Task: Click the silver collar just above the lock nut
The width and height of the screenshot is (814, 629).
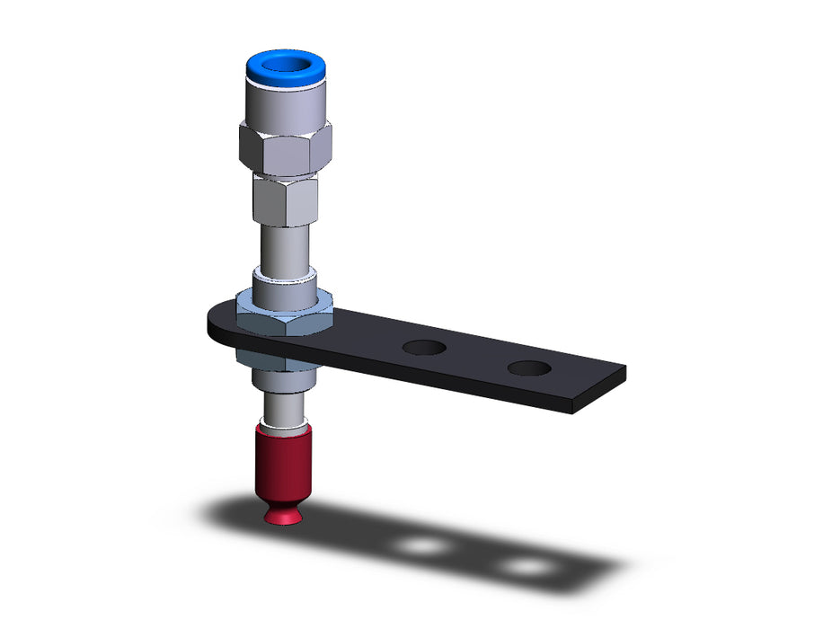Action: tap(285, 288)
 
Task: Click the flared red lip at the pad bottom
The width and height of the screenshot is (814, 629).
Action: tap(285, 516)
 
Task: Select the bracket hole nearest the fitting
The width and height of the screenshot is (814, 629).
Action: tap(425, 347)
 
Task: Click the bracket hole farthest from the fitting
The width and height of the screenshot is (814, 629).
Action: tap(528, 367)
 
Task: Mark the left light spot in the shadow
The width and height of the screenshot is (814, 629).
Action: tap(422, 545)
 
